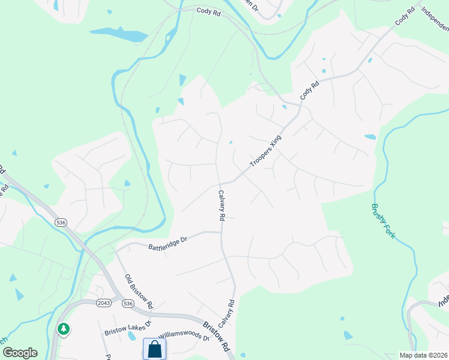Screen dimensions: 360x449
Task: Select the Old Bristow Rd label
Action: [x=139, y=290]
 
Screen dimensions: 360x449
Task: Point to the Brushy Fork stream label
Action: [x=384, y=221]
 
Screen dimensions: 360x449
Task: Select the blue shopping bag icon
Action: [x=155, y=349]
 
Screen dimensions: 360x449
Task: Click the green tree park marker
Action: [x=63, y=329]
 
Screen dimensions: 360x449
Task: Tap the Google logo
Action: [x=20, y=352]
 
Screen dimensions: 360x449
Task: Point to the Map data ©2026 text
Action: [x=423, y=355]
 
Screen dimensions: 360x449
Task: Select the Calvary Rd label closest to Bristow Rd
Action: [x=226, y=313]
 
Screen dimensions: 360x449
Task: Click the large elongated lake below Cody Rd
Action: [x=119, y=34]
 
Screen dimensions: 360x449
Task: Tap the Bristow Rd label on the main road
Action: [x=216, y=337]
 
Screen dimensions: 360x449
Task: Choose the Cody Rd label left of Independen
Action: [x=405, y=16]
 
